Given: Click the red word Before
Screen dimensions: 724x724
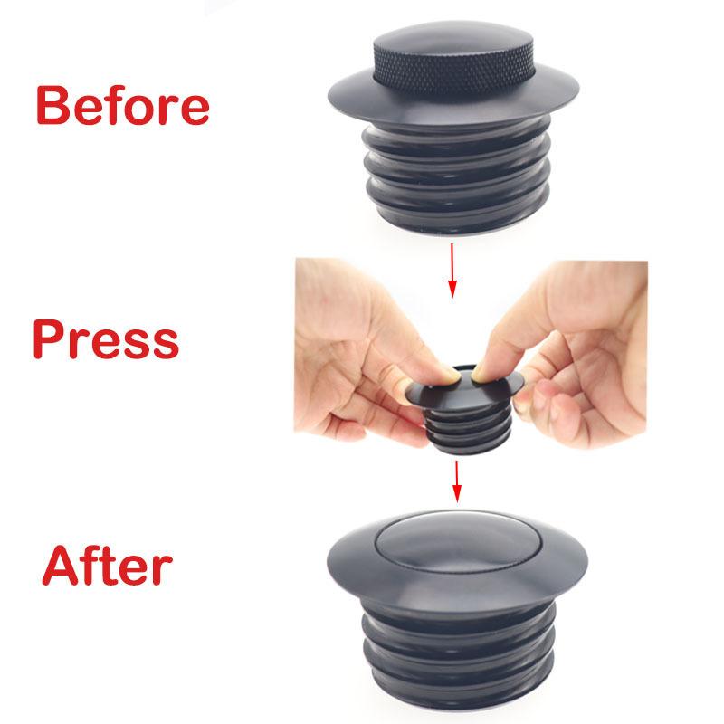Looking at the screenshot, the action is click(x=123, y=105).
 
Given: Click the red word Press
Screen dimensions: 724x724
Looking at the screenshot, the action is click(x=106, y=338).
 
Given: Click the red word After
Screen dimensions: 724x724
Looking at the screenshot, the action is click(x=107, y=566).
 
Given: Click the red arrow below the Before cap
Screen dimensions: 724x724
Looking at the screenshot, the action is click(x=452, y=271).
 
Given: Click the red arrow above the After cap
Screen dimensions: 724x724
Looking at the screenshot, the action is click(x=457, y=481).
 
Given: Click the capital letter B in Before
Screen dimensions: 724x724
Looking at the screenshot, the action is click(x=52, y=105).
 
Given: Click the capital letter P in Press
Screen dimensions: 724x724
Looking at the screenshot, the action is click(x=48, y=338).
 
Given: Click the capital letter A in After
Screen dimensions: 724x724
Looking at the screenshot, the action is click(x=60, y=567).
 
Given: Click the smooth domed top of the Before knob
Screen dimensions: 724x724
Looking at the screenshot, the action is click(x=455, y=38).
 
